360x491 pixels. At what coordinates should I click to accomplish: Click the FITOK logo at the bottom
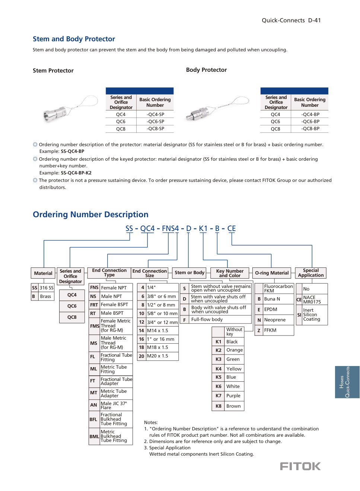(x=300, y=466)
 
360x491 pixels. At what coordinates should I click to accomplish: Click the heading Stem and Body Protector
(x=74, y=39)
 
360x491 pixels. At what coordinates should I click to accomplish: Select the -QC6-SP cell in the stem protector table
(x=155, y=122)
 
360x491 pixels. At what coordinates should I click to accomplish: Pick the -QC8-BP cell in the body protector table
(x=310, y=129)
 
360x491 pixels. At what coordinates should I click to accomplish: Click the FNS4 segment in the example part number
(x=170, y=228)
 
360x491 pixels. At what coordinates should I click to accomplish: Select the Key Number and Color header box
(x=230, y=273)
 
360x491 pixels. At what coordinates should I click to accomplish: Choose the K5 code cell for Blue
(x=219, y=377)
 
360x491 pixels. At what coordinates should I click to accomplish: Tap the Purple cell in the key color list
(x=233, y=396)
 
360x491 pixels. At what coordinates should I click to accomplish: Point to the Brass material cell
(x=46, y=296)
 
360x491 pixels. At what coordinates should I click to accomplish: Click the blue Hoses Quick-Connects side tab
(x=347, y=382)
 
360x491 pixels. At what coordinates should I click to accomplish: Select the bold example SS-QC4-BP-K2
(x=76, y=173)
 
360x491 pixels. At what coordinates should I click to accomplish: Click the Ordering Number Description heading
(x=90, y=215)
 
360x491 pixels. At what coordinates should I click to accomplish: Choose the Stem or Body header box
(x=189, y=273)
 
